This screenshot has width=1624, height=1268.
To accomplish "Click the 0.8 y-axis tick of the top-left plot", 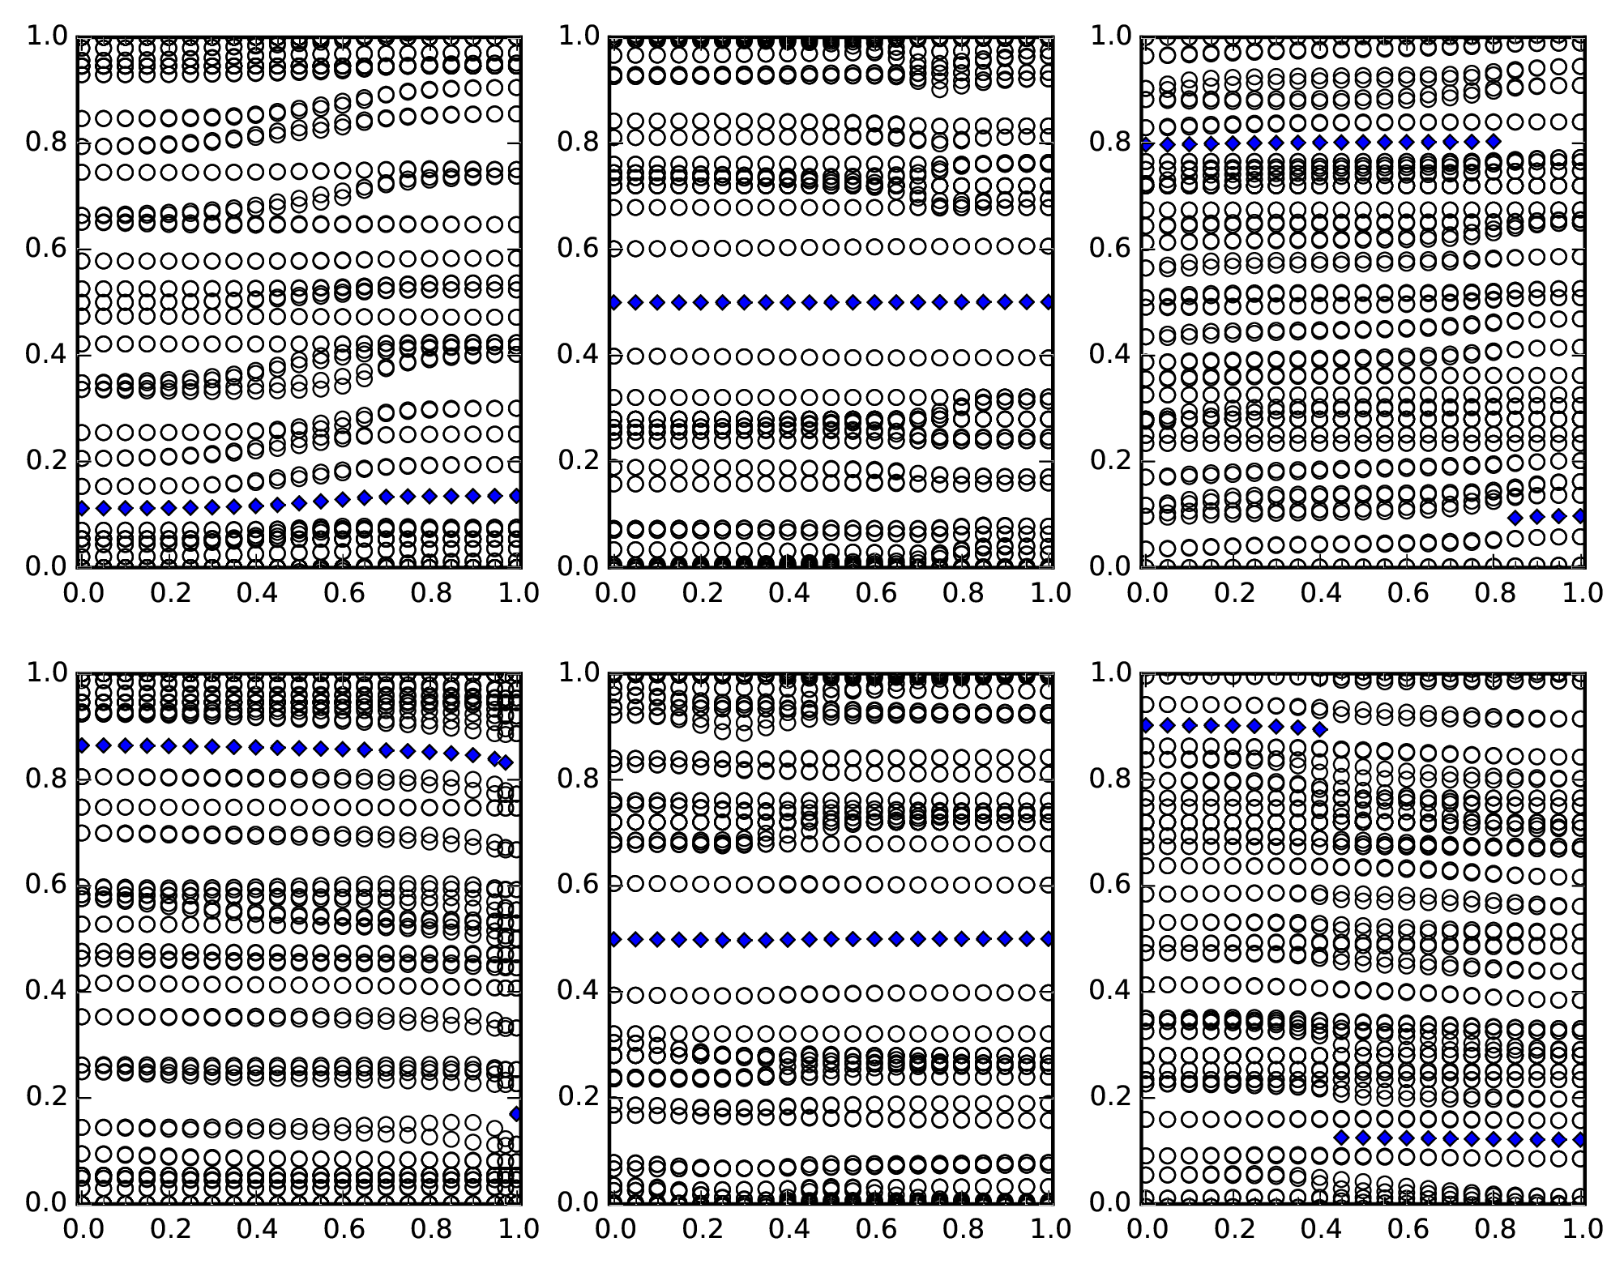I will [x=78, y=143].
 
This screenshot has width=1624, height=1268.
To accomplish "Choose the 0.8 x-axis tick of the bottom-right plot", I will [x=1495, y=1202].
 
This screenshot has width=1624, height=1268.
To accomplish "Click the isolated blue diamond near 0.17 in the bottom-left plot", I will [x=515, y=1114].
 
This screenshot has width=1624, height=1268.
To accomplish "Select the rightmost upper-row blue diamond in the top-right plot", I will [x=1494, y=142].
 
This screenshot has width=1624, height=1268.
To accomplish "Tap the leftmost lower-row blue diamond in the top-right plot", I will [x=1515, y=517].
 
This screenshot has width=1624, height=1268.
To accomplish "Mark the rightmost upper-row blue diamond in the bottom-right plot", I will [x=1320, y=729].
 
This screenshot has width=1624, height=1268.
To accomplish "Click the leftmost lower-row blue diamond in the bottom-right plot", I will [x=1341, y=1137].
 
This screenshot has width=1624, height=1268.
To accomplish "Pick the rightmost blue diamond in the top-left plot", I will [x=515, y=496].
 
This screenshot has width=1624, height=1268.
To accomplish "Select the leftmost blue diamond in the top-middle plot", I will [x=614, y=302].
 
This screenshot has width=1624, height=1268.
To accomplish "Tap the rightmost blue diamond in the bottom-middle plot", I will [x=1049, y=938].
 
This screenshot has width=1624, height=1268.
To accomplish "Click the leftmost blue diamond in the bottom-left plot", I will [x=82, y=745].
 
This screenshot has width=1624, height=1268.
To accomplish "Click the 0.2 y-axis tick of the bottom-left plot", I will [x=78, y=1096].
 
